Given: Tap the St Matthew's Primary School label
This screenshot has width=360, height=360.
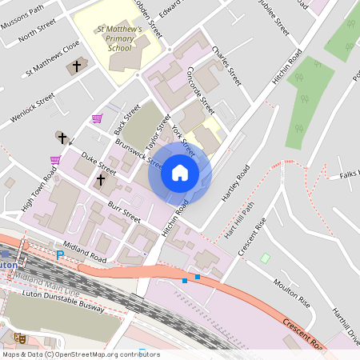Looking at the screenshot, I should point(119,39).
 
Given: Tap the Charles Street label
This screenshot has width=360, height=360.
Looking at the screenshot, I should point(226,66).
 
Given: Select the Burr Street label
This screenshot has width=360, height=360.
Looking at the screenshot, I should point(126,213).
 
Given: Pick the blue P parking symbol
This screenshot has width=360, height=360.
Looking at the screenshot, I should point(59,255).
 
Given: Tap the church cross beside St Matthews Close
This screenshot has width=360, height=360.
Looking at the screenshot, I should point(78,66).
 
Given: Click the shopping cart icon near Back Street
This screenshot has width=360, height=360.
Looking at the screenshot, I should point(98,118).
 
